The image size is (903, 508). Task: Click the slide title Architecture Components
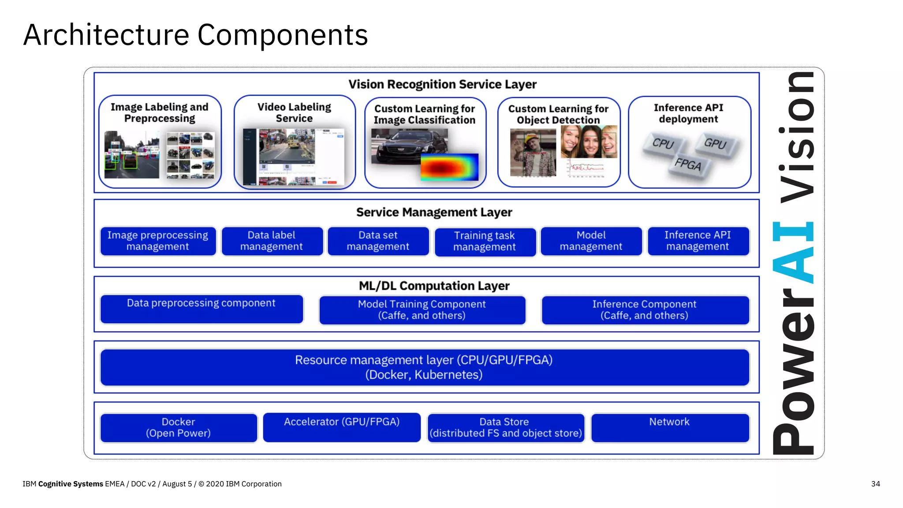pos(195,35)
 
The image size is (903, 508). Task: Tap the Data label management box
pos(272,241)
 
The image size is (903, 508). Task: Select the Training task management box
pos(485,242)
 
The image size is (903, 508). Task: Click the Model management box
pos(591,241)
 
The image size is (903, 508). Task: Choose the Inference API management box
pos(698,241)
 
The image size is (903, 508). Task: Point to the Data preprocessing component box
pos(201,309)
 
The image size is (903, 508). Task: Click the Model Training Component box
pos(422,310)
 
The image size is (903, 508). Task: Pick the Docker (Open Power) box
pos(179,428)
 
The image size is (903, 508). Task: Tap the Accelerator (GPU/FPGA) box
pos(342,427)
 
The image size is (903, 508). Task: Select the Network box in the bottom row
pos(669,427)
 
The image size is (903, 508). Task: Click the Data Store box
pos(505,428)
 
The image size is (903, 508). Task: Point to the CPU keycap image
pos(663,144)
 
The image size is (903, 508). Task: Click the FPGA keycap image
pos(688,165)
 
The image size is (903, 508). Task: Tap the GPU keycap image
pos(715,144)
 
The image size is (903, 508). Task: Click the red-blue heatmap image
pos(450,167)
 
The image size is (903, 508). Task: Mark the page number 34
pos(875,484)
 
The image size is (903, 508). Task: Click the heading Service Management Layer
pos(434,213)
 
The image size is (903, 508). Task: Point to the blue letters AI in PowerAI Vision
pos(794,252)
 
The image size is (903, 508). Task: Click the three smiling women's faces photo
pos(589,142)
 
